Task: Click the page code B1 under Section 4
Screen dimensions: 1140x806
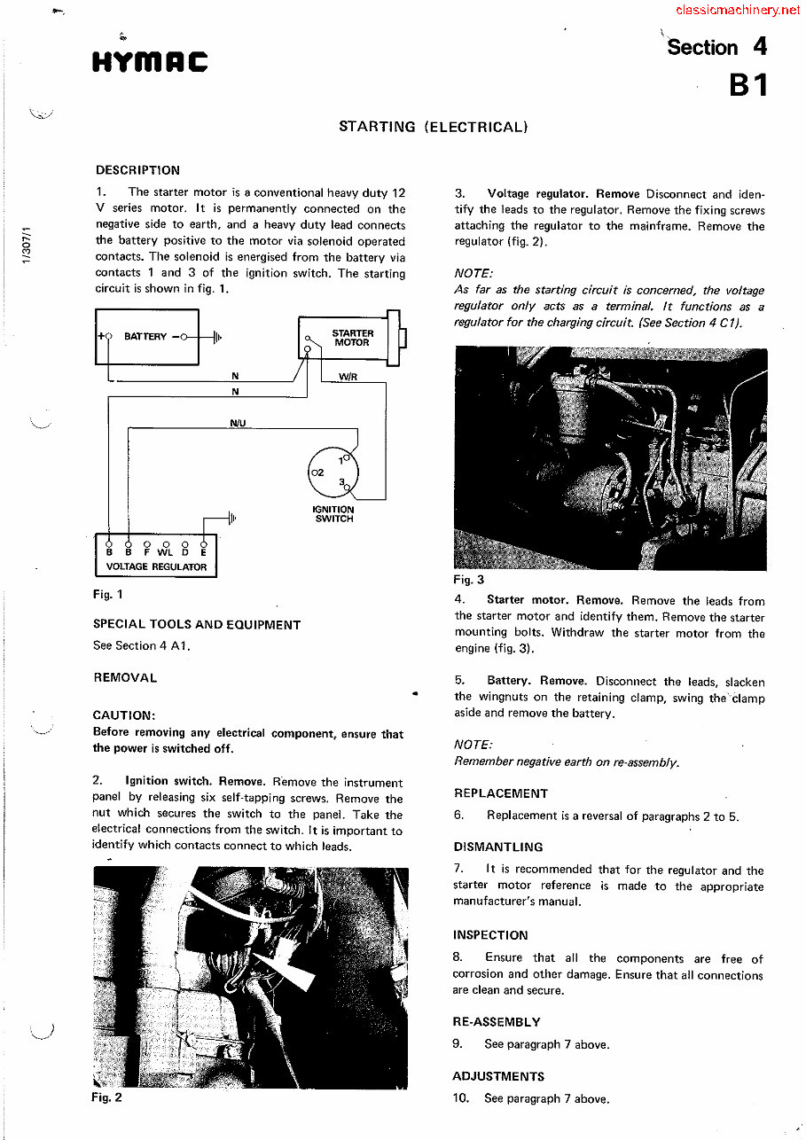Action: (747, 85)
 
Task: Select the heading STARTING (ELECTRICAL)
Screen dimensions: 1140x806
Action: (433, 127)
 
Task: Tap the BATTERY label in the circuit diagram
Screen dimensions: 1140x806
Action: (145, 337)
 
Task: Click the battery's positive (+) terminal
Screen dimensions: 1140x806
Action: (108, 337)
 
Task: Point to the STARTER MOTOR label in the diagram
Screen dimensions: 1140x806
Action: (352, 338)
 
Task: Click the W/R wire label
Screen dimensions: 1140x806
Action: (348, 376)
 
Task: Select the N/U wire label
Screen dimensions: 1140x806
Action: (238, 423)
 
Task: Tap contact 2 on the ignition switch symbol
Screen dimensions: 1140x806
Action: (320, 472)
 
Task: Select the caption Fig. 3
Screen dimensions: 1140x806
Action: (469, 580)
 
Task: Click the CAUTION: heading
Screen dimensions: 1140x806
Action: (124, 714)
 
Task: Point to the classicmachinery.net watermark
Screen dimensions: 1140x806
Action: (737, 11)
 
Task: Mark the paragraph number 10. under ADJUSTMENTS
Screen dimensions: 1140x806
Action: (461, 1098)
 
